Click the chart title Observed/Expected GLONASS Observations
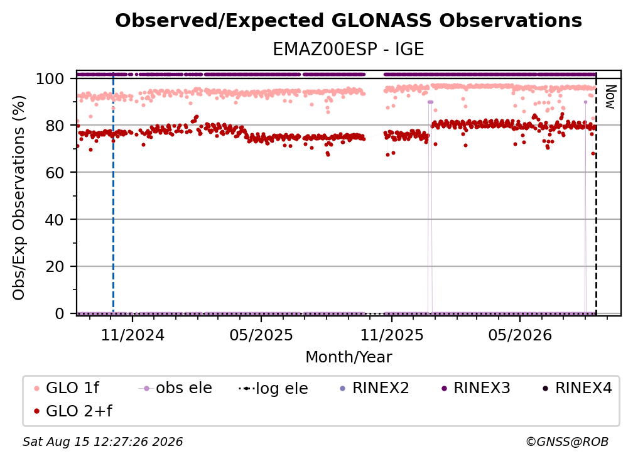349,21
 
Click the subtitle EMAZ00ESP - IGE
349,49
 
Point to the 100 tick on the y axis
50,79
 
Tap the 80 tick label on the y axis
55,126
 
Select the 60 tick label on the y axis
55,172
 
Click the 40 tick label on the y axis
55,220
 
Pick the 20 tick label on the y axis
55,266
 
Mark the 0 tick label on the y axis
60,313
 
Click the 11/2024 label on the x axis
133,335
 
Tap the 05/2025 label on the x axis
261,335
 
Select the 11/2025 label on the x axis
392,335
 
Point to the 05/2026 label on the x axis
519,335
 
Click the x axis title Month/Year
349,357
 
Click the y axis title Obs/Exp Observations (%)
19,197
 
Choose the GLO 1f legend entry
67,388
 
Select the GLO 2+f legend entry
73,411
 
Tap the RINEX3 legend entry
475,388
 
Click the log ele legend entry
273,388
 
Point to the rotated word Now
610,97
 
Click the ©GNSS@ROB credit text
567,442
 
